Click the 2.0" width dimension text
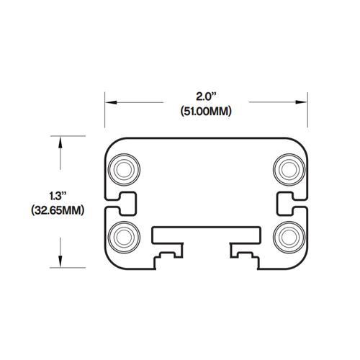pyautogui.click(x=207, y=96)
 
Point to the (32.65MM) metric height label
pyautogui.click(x=58, y=211)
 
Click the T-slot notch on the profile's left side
pyautogui.click(x=124, y=203)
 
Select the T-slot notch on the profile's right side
pyautogui.click(x=287, y=203)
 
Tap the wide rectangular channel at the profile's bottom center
pyautogui.click(x=206, y=235)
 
